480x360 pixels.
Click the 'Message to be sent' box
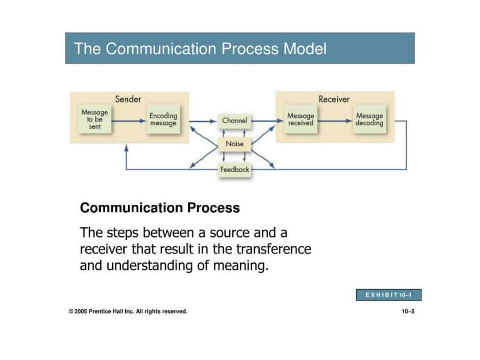pyautogui.click(x=94, y=119)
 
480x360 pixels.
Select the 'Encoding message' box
pyautogui.click(x=163, y=119)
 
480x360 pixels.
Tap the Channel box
pyautogui.click(x=235, y=121)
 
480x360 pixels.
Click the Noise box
pyautogui.click(x=235, y=144)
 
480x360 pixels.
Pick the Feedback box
pyautogui.click(x=235, y=170)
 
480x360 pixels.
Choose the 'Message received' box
pyautogui.click(x=301, y=119)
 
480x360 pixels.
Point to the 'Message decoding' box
pyautogui.click(x=370, y=119)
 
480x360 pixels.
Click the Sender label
pyautogui.click(x=128, y=99)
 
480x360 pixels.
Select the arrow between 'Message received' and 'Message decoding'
pyautogui.click(x=334, y=121)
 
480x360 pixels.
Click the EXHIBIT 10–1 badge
pyautogui.click(x=389, y=294)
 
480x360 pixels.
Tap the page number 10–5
pyautogui.click(x=408, y=311)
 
